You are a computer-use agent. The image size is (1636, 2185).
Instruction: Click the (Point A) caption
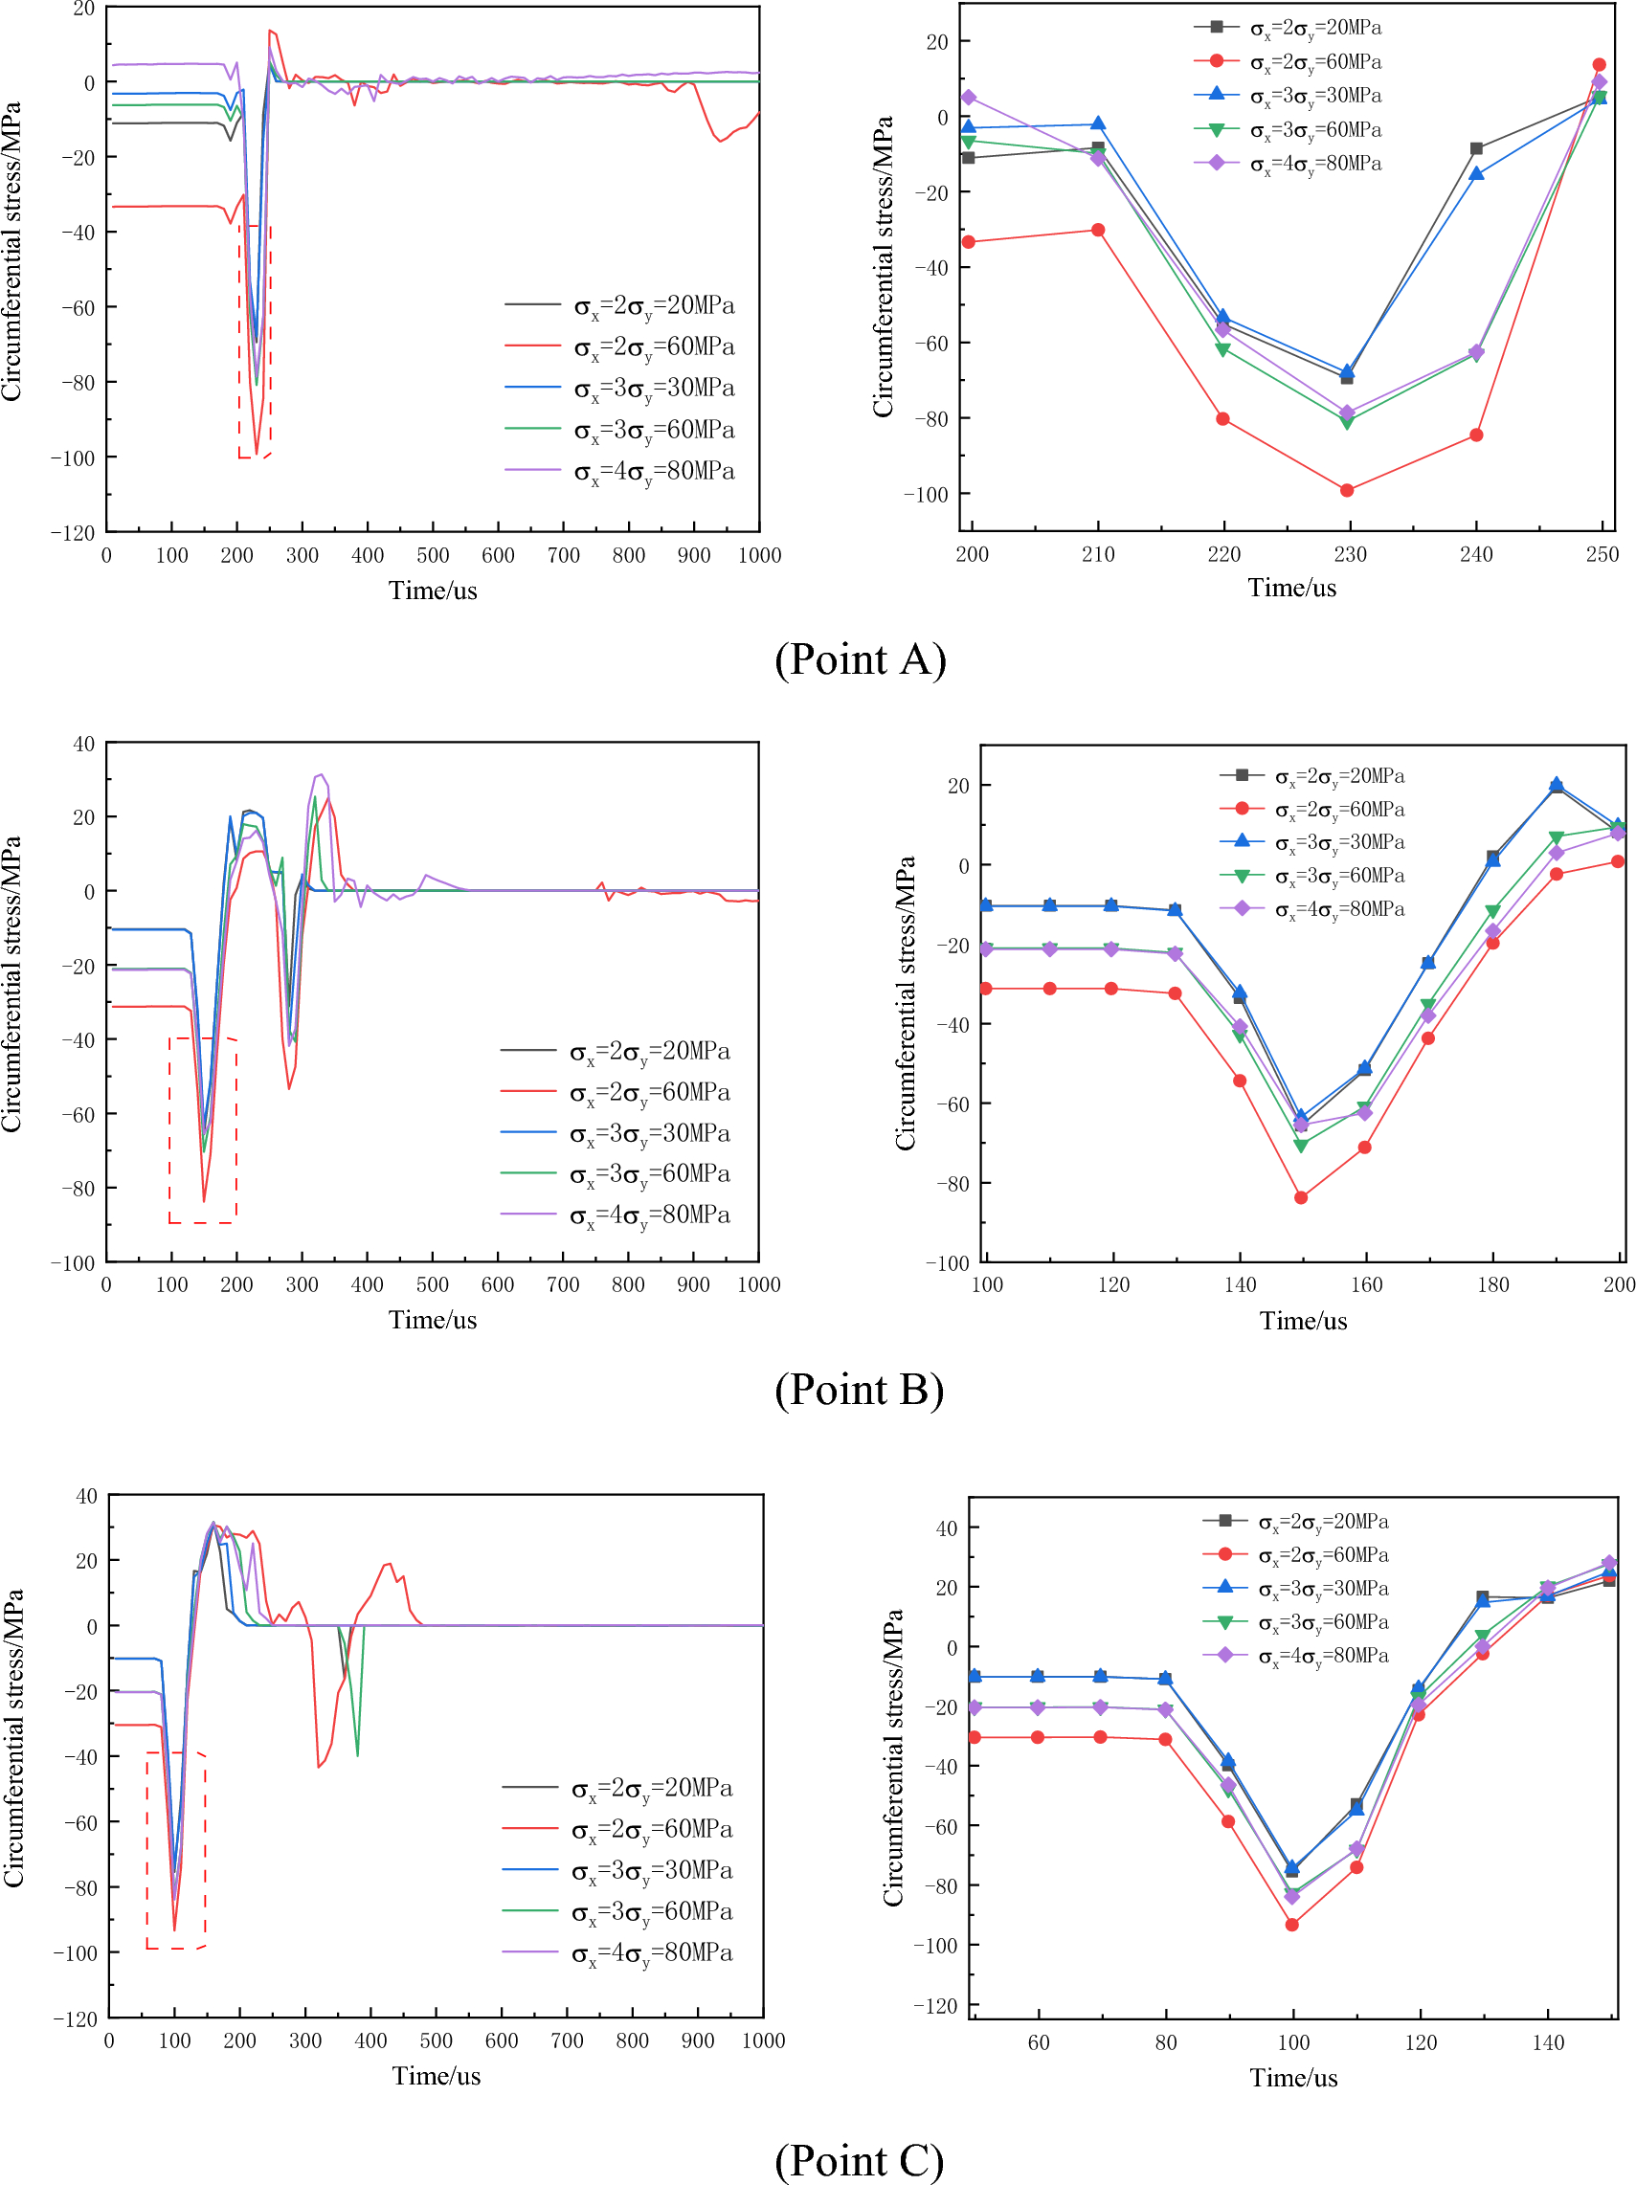click(860, 658)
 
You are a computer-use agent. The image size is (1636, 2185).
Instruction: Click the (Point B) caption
click(859, 1389)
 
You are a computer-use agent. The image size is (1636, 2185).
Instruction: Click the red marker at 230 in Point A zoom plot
click(1347, 490)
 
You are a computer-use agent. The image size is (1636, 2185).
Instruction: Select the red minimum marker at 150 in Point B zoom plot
click(1301, 1197)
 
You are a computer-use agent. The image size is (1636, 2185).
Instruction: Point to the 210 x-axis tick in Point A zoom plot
click(1098, 554)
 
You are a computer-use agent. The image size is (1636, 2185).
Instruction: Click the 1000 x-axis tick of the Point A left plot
click(759, 555)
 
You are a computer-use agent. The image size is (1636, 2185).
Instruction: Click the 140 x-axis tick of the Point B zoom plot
click(1239, 1284)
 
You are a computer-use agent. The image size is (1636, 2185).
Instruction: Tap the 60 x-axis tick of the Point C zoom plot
click(1039, 2042)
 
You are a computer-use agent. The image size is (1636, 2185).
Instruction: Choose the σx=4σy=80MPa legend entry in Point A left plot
click(653, 471)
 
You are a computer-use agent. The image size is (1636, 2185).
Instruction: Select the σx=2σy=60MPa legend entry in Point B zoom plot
click(1338, 810)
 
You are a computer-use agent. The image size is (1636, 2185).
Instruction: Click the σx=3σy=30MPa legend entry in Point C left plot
click(651, 1871)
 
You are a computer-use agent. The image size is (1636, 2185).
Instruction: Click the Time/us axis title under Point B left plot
click(432, 1320)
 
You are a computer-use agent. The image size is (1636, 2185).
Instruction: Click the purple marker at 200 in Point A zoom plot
click(968, 97)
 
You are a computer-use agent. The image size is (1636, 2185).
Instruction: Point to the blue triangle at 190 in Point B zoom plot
click(1556, 784)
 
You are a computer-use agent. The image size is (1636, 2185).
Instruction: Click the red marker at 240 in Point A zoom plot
click(1476, 435)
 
